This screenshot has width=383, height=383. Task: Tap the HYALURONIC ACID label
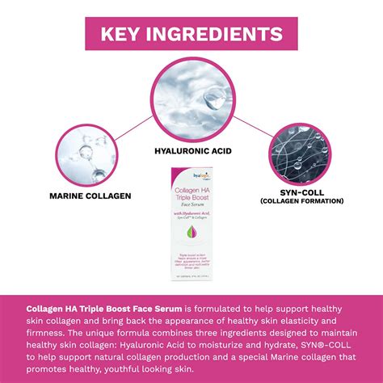[x=191, y=150]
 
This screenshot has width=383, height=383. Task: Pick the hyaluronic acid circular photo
[x=191, y=97]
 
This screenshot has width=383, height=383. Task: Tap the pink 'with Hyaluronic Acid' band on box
[x=191, y=212]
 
